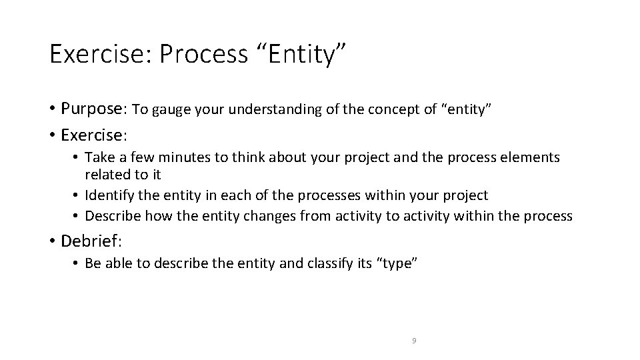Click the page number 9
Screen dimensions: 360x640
(x=414, y=341)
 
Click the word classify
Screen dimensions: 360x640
(x=333, y=264)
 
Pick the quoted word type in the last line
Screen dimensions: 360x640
(x=397, y=264)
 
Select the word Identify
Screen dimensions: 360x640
(x=111, y=195)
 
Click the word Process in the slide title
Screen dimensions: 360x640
(x=203, y=54)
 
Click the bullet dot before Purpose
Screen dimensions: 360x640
(x=52, y=109)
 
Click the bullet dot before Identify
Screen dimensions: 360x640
(x=77, y=196)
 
